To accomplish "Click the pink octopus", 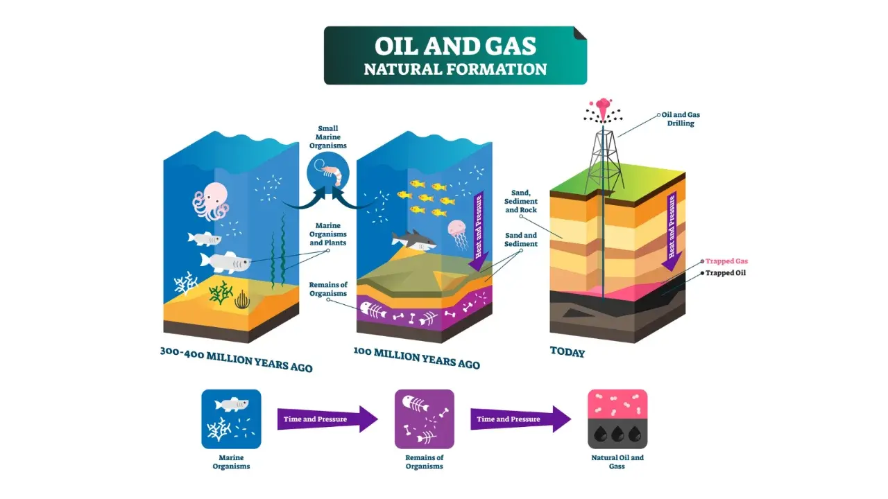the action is [x=211, y=201].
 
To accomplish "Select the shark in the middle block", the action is [x=413, y=240].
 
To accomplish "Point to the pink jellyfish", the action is [x=459, y=234].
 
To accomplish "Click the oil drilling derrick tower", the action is [x=604, y=162].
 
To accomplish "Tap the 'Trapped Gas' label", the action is [x=726, y=261].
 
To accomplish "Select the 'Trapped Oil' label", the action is [x=725, y=273].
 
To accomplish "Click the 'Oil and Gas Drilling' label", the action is [x=681, y=119].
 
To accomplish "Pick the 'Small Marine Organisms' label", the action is [x=328, y=137].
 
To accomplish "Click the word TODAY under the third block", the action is [x=567, y=352].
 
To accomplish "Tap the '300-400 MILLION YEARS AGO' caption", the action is [x=237, y=360].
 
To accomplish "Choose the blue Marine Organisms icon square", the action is [x=231, y=419].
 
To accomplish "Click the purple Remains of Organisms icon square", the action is [x=424, y=419].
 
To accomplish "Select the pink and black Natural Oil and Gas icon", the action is [x=617, y=419].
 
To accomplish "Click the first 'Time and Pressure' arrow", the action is [x=327, y=419].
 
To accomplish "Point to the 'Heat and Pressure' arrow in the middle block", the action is [x=479, y=231].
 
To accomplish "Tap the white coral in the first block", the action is [x=185, y=283].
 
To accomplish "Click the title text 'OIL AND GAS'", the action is [x=455, y=46].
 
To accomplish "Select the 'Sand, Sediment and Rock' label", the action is [x=520, y=201].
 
